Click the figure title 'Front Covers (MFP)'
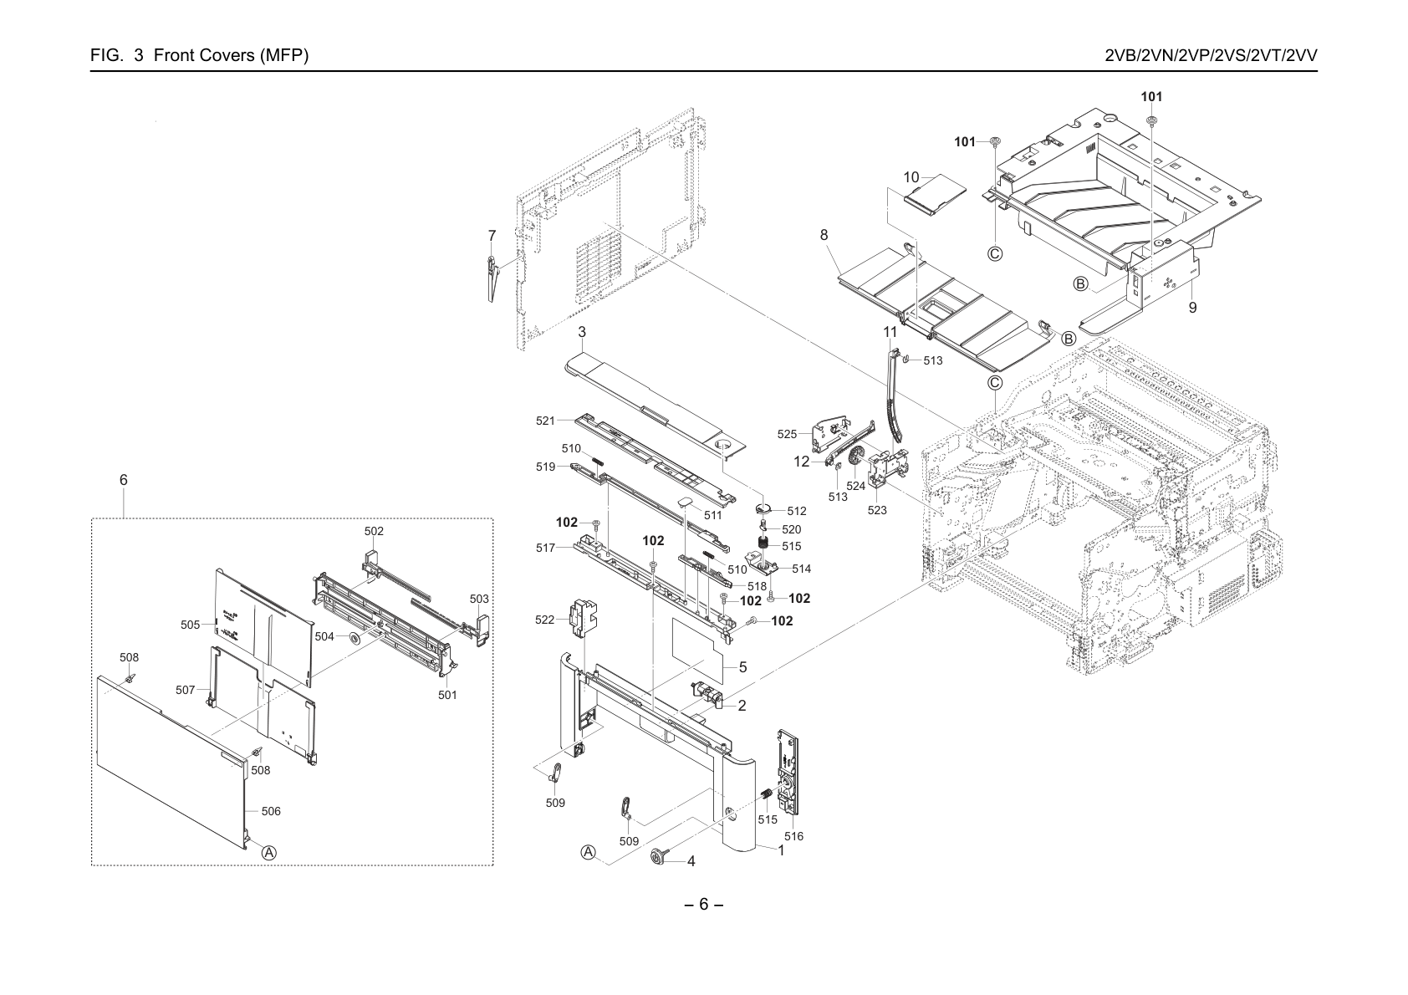click(x=231, y=55)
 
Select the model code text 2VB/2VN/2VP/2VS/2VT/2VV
click(x=1211, y=55)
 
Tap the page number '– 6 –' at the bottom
click(x=703, y=904)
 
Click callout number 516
click(x=793, y=836)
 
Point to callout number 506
click(x=271, y=811)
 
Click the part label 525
click(x=787, y=434)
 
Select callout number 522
click(x=545, y=620)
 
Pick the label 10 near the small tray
click(x=911, y=178)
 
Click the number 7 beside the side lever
click(x=492, y=236)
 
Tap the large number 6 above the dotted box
click(x=123, y=480)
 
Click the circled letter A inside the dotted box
click(x=269, y=853)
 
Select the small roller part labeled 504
click(x=354, y=639)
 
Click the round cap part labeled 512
click(x=763, y=508)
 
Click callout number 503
click(x=479, y=599)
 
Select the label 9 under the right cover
click(x=1192, y=308)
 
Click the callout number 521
click(x=546, y=421)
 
